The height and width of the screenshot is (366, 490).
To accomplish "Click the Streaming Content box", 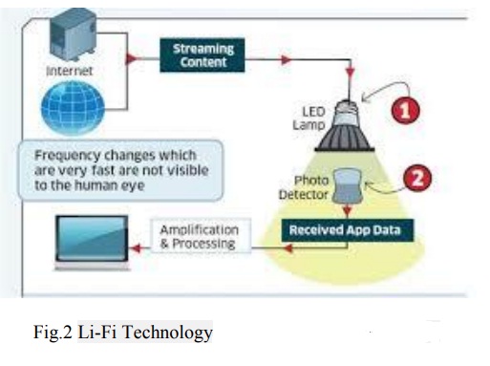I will pyautogui.click(x=202, y=54).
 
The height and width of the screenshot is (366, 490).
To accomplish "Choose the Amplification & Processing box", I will pyautogui.click(x=202, y=237).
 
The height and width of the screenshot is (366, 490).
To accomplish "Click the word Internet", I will pyautogui.click(x=71, y=72).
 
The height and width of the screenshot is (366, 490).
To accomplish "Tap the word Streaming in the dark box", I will pyautogui.click(x=202, y=47).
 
